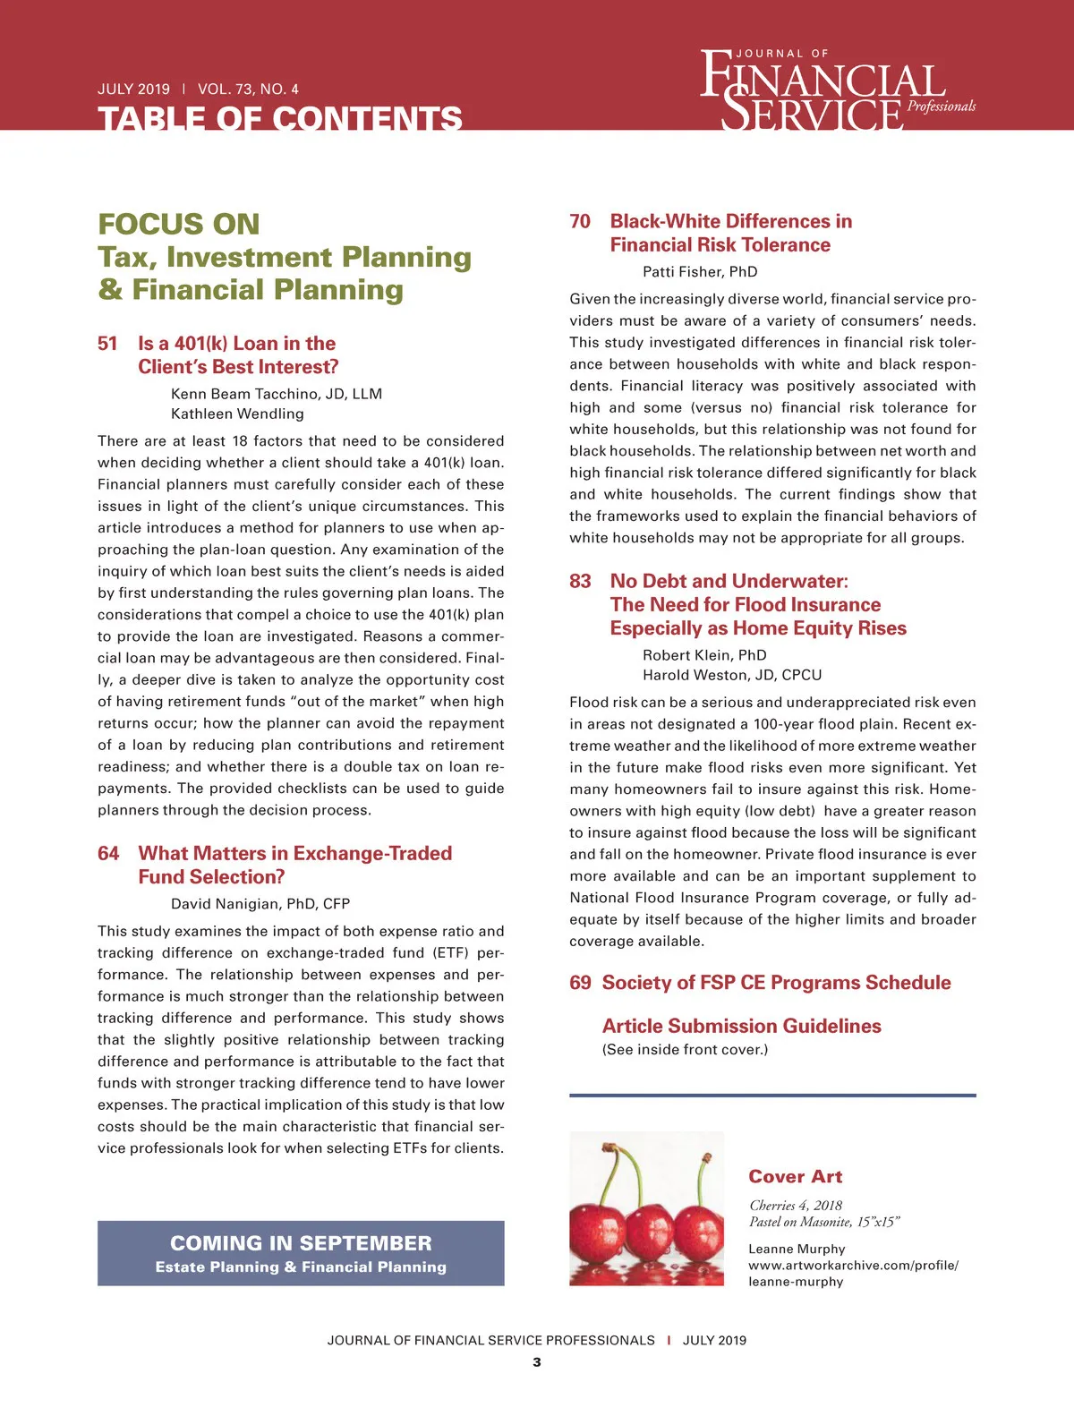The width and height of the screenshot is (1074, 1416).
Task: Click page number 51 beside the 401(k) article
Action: (x=107, y=344)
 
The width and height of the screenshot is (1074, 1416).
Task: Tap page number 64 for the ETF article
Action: (x=108, y=854)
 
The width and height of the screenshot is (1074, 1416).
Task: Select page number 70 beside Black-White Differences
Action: (x=580, y=222)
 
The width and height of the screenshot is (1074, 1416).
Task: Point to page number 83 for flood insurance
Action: (x=580, y=582)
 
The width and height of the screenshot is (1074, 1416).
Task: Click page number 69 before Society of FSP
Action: (x=580, y=983)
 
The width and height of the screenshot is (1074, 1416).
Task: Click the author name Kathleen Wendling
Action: (x=237, y=414)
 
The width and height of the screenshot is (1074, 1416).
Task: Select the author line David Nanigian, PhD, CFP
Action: (x=260, y=904)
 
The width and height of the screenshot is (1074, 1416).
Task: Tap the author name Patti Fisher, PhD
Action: (x=700, y=272)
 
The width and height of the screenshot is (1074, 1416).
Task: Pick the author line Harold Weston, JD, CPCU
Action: (x=732, y=675)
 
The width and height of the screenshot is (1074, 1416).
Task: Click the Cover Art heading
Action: (x=796, y=1177)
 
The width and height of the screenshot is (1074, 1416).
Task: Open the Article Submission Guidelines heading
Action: (x=741, y=1027)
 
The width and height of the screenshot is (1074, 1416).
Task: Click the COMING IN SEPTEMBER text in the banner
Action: (x=301, y=1243)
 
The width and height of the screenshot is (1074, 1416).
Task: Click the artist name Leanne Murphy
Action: (x=797, y=1250)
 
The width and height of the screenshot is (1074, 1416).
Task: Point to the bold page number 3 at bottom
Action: (x=537, y=1362)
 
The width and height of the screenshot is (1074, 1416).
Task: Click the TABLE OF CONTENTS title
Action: (x=279, y=119)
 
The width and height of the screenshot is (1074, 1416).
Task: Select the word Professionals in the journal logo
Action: (x=942, y=107)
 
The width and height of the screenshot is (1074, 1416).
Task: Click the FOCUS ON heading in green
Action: (x=179, y=224)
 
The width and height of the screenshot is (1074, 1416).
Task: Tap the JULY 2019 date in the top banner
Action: (x=133, y=90)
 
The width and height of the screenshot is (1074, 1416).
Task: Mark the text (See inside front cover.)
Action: (x=685, y=1050)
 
